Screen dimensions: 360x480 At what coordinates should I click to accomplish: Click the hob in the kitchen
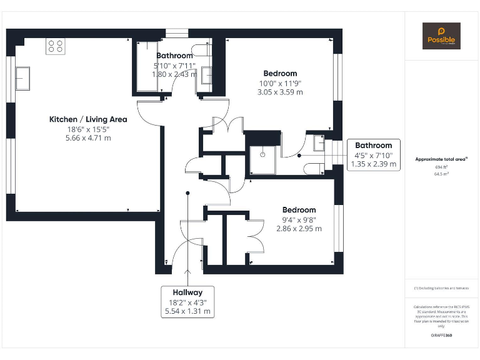(x=56, y=47)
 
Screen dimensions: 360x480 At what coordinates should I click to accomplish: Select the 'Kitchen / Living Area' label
(x=88, y=119)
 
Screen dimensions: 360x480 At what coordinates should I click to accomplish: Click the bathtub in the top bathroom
(x=147, y=66)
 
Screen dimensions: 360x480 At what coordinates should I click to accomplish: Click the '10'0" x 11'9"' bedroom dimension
(x=279, y=83)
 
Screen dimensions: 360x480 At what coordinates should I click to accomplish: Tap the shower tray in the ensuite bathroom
(x=262, y=159)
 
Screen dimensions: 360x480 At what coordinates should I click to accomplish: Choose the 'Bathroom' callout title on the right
(x=374, y=146)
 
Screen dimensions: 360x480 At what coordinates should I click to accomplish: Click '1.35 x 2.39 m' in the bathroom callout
(x=374, y=164)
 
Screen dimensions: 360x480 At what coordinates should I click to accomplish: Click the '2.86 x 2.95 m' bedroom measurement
(x=299, y=229)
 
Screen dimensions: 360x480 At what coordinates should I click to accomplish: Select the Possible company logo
(x=441, y=36)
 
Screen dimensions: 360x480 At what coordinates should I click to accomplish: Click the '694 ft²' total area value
(x=441, y=167)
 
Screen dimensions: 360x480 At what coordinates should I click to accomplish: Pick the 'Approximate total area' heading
(x=441, y=159)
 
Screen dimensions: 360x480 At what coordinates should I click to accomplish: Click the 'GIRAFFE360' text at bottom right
(x=441, y=336)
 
